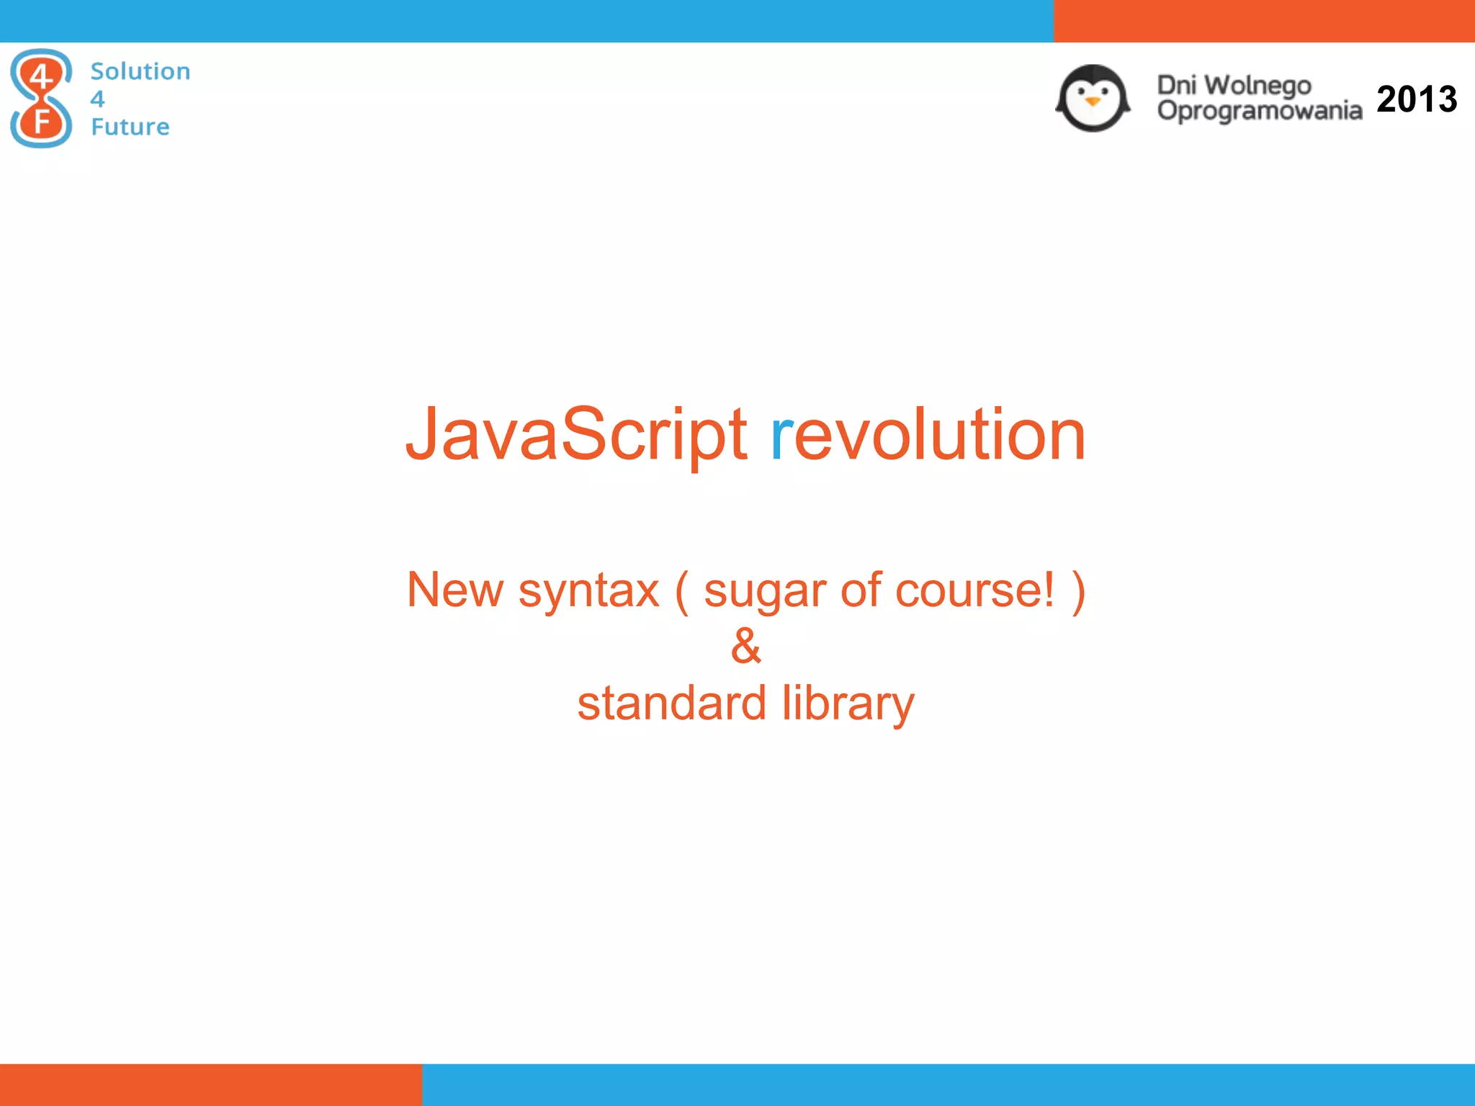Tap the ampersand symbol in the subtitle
745,646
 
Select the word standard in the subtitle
671,703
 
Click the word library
848,704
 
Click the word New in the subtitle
454,590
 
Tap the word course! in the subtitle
975,590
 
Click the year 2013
1416,99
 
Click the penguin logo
1093,99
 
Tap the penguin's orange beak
1093,102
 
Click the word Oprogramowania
1259,111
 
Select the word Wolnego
1257,85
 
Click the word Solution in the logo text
140,71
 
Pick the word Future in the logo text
130,127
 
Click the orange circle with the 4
41,76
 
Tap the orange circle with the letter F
41,121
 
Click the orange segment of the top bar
1264,21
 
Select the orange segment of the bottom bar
210,1084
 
